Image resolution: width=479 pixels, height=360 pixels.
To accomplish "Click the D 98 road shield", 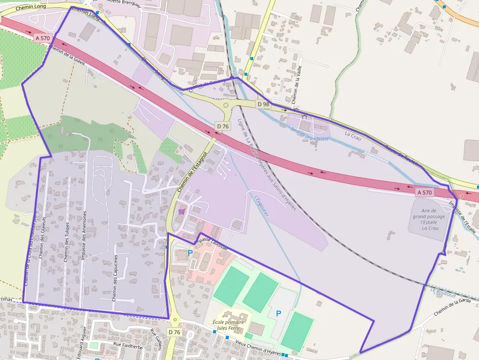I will [x=263, y=104].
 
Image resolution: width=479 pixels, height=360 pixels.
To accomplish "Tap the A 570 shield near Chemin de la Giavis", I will [x=42, y=37].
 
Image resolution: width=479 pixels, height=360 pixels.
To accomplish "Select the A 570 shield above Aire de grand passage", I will [x=425, y=192].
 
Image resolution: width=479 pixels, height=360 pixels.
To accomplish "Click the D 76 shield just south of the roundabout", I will [x=222, y=126].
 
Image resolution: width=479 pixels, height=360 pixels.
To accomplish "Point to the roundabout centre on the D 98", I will [x=226, y=105].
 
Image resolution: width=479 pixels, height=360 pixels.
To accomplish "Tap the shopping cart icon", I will [x=182, y=212].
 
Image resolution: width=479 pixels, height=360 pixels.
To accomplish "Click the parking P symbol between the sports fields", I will [x=279, y=314].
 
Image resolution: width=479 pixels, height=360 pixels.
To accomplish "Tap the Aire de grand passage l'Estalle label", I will [x=429, y=219].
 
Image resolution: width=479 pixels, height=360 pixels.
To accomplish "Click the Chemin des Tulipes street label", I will [x=66, y=242].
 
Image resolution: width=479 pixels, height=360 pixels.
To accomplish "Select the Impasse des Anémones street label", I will [x=84, y=235].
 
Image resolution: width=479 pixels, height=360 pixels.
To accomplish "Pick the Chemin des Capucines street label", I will [x=115, y=277].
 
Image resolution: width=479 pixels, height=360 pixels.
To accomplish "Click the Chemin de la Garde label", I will [x=455, y=308].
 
